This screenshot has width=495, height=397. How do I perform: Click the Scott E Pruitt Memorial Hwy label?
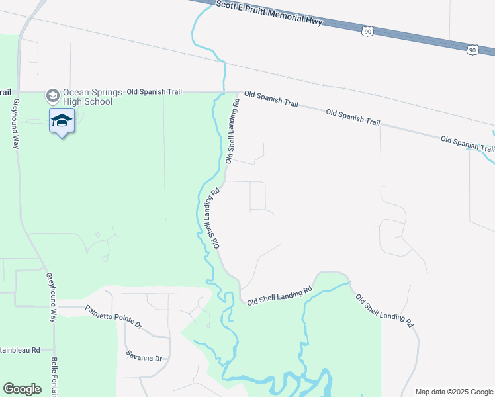coord(269,13)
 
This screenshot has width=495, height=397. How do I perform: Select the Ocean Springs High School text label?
coord(88,97)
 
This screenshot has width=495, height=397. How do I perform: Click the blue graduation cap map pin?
coord(62,121)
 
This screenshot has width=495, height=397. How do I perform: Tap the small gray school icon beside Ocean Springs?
coord(52,97)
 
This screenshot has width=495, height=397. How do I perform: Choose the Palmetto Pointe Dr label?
coord(114,316)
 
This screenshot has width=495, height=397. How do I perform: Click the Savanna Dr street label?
coord(144,357)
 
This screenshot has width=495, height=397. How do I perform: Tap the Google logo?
coord(22,389)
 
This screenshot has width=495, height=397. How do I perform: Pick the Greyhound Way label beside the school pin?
coord(15,124)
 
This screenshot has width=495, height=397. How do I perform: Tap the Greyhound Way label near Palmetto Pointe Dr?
coord(50,297)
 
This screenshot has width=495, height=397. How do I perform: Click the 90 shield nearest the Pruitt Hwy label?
coord(368,30)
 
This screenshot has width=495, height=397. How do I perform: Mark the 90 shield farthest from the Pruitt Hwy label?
coord(471,50)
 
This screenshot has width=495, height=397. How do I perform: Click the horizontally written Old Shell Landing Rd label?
coord(279,296)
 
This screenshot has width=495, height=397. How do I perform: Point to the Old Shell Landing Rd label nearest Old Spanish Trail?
coord(232,131)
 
